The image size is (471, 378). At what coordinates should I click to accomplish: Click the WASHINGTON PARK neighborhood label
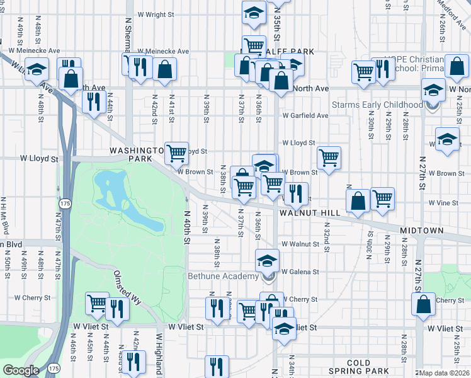[x=131, y=155]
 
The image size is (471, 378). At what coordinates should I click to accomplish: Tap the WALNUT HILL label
[x=310, y=214]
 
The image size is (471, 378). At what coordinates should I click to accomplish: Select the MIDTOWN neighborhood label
[x=421, y=231]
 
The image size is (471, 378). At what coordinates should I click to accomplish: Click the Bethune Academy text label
[x=223, y=276]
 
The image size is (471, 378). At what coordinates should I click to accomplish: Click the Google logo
[x=21, y=370]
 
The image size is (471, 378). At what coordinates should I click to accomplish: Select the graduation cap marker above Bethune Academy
[x=267, y=260]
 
